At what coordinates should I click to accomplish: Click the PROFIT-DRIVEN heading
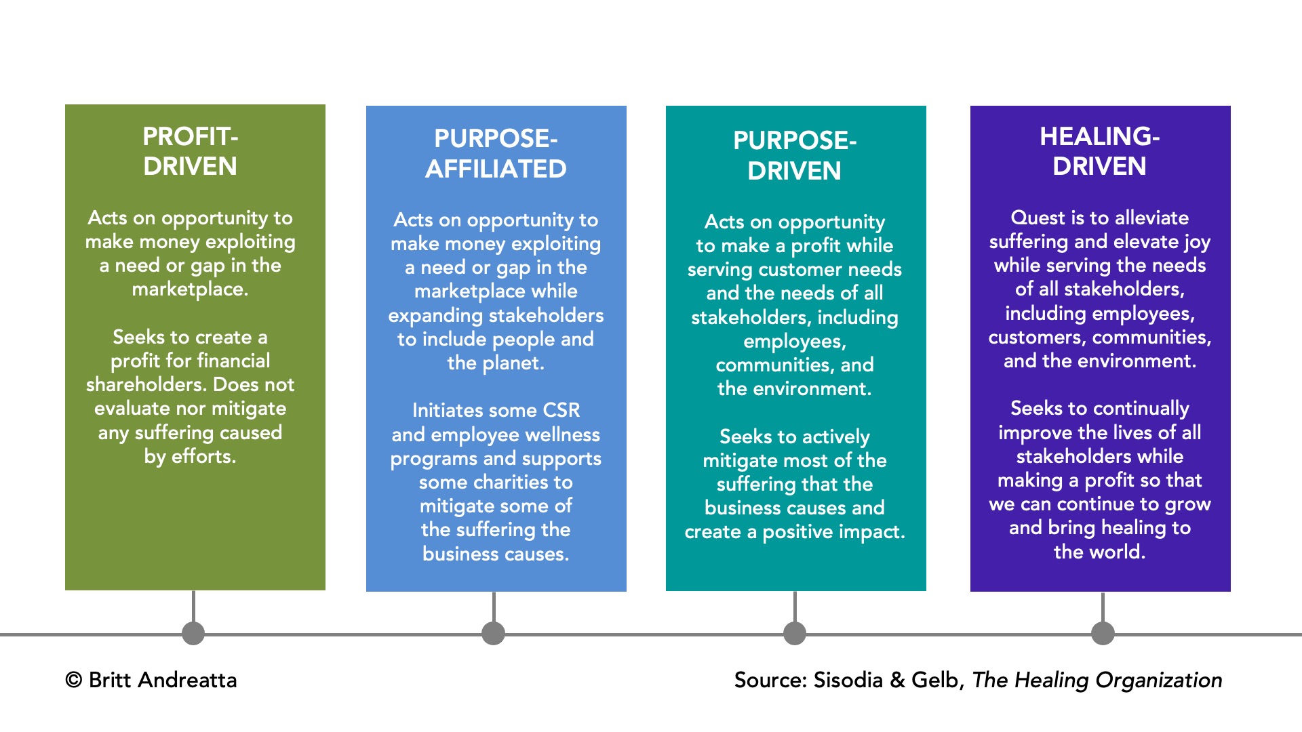190,151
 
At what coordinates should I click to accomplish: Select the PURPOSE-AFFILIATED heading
496,154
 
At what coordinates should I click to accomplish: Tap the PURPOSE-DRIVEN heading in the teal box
795,155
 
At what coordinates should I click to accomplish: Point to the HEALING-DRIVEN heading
1099,151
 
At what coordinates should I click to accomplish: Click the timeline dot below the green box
193,634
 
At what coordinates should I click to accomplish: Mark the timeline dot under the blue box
493,634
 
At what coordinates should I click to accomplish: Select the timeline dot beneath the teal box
795,634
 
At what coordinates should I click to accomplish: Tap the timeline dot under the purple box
1103,634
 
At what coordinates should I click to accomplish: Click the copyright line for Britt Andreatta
151,680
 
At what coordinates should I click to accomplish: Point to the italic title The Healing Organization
1097,680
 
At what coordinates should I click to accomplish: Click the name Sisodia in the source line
848,680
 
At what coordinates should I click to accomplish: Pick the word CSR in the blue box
561,410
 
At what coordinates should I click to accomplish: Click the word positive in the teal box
797,532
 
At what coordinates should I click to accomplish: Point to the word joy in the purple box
1197,242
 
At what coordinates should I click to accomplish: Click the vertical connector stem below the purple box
1103,607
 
